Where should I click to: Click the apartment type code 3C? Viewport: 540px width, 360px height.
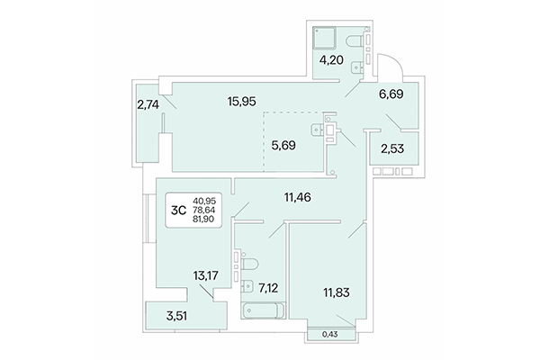180,211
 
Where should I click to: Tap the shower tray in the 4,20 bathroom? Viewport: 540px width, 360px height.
323,40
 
